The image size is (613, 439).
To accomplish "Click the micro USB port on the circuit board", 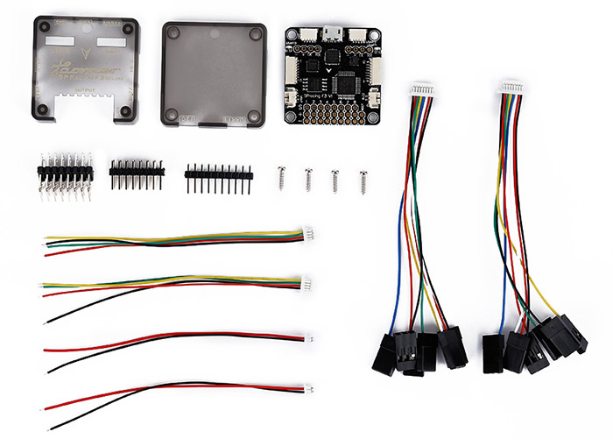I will click(x=332, y=33).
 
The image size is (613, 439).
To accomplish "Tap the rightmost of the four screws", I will click(x=363, y=181).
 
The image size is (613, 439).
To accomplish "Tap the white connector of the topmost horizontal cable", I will click(x=308, y=234).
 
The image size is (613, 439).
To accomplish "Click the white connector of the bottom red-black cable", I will click(x=309, y=387).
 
